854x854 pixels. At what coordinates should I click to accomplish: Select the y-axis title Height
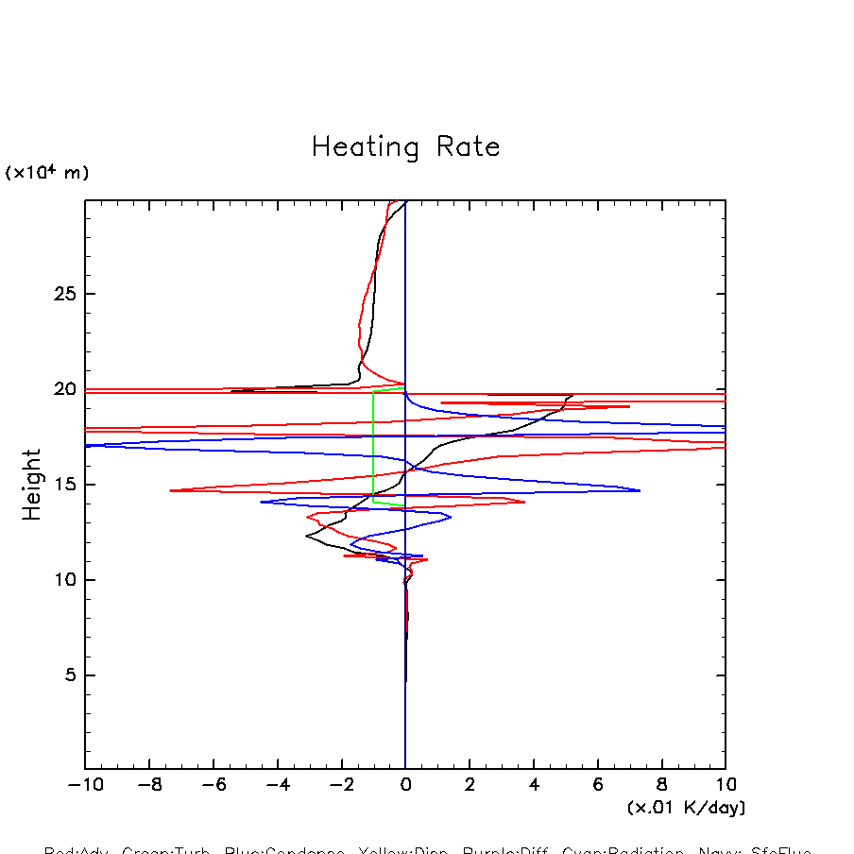pos(33,485)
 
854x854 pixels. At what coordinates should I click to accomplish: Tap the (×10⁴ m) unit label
pos(47,173)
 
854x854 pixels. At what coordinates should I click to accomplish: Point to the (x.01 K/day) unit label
pos(686,808)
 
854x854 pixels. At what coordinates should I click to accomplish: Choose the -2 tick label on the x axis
pos(341,785)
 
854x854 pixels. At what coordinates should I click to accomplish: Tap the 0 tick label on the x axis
pos(406,785)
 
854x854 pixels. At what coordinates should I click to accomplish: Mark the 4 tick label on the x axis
pos(534,785)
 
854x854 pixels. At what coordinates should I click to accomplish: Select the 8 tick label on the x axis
pos(661,785)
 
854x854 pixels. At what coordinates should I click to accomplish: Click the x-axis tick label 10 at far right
pos(726,785)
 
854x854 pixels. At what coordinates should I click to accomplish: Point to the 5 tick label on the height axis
pos(60,675)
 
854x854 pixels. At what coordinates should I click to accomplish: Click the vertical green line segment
pos(374,444)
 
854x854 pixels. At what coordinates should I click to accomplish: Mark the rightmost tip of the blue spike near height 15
pos(640,490)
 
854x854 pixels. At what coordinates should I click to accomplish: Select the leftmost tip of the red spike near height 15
pos(171,490)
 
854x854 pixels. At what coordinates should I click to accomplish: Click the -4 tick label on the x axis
pos(277,785)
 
